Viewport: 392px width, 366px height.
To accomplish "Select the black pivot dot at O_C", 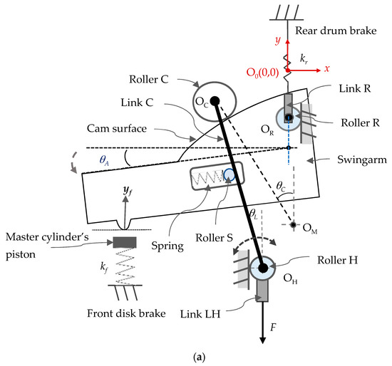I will [x=215, y=101].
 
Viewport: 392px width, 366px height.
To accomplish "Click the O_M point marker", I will [x=293, y=226].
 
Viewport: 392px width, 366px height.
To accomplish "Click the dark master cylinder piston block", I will [x=124, y=243].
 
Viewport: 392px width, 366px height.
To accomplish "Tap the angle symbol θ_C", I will [x=284, y=187].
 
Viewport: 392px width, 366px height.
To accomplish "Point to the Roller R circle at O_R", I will [x=288, y=118].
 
